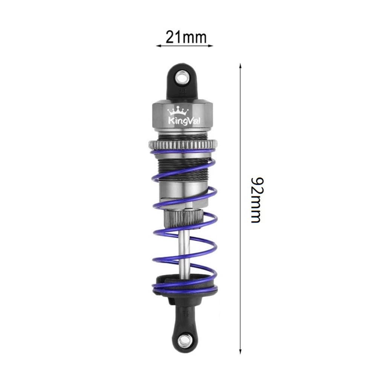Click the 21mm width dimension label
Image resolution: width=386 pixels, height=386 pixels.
coord(186,37)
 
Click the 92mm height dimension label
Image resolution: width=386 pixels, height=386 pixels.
coord(256,199)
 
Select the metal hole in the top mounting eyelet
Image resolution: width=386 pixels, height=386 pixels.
coord(184,78)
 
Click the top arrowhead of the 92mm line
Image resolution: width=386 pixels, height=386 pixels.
coord(240,66)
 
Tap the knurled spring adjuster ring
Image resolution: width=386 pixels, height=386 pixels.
coord(183,144)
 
